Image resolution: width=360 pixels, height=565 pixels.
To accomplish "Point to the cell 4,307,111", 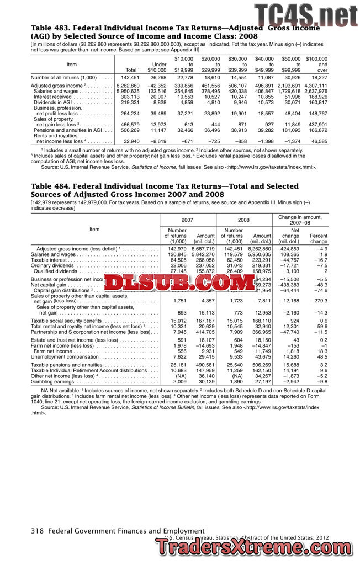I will coord(315,86).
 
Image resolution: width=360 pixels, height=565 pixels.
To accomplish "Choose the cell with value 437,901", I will coord(316,125).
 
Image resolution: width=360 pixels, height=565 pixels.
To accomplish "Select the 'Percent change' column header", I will coord(319,238).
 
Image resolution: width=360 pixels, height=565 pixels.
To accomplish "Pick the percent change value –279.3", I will coord(317,301).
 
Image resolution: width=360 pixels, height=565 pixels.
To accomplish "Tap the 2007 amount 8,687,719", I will coord(202,249).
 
